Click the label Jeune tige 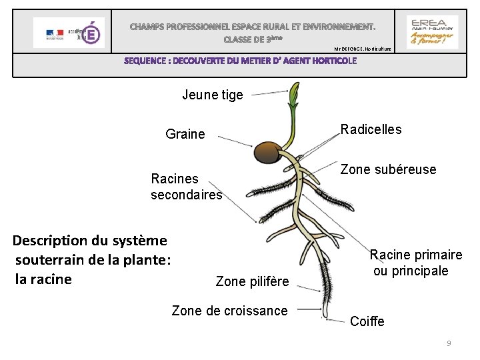coord(213,95)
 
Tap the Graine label coord(185,135)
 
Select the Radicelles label coord(371,129)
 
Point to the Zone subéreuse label coord(389,169)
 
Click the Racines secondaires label coord(186,187)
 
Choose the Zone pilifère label coord(253,282)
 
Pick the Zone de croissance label coord(229,310)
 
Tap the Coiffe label coord(367,322)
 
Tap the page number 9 coord(449,343)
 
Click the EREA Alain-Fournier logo coord(432,31)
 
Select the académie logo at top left coord(69,32)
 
